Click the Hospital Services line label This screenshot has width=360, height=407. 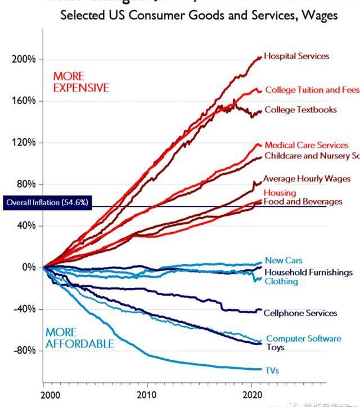click(296, 56)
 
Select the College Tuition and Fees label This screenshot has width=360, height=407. click(312, 90)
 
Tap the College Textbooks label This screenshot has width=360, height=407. click(300, 110)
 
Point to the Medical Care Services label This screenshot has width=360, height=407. click(307, 145)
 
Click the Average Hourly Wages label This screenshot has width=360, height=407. click(307, 179)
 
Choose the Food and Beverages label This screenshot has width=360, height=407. click(303, 201)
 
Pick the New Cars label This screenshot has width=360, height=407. click(283, 260)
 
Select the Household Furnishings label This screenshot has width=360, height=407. click(308, 272)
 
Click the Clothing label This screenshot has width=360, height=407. click(281, 281)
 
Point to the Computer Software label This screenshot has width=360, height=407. click(303, 338)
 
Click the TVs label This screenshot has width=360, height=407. click(272, 370)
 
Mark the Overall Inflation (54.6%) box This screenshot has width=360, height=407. click(47, 202)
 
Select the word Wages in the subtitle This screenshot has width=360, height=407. click(319, 15)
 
